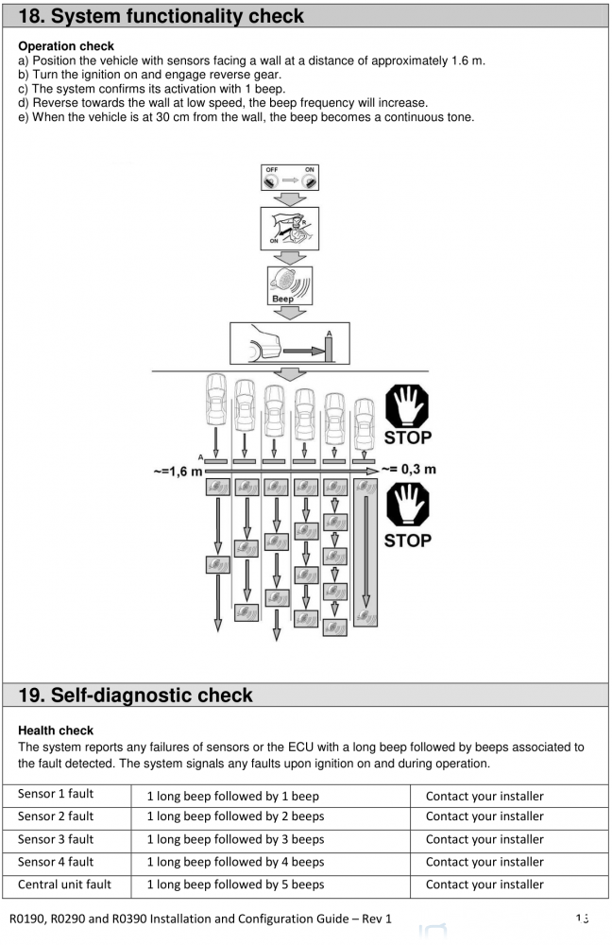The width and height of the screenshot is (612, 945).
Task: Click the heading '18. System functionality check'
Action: click(x=161, y=16)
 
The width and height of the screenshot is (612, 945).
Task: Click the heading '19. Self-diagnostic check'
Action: click(x=136, y=696)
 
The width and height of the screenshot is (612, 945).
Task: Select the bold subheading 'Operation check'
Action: click(x=66, y=46)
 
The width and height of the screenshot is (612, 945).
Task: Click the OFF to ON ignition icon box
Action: click(x=290, y=180)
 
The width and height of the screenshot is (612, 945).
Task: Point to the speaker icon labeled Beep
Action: click(x=289, y=283)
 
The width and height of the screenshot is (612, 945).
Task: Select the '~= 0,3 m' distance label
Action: click(x=408, y=469)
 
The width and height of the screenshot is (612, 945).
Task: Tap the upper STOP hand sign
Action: click(x=407, y=414)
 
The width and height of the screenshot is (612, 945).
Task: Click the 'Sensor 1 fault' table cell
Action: click(x=56, y=795)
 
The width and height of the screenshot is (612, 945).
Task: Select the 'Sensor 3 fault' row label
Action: click(x=56, y=839)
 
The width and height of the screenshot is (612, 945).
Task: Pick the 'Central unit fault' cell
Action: click(x=64, y=885)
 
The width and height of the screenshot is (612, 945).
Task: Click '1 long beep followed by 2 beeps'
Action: click(x=235, y=816)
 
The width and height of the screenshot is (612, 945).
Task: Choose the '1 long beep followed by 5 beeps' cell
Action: click(x=235, y=885)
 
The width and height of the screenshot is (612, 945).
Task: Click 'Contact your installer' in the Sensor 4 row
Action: click(x=484, y=862)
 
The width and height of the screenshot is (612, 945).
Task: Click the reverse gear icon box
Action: click(x=289, y=229)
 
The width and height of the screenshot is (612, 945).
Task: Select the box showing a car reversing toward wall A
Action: click(x=289, y=344)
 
